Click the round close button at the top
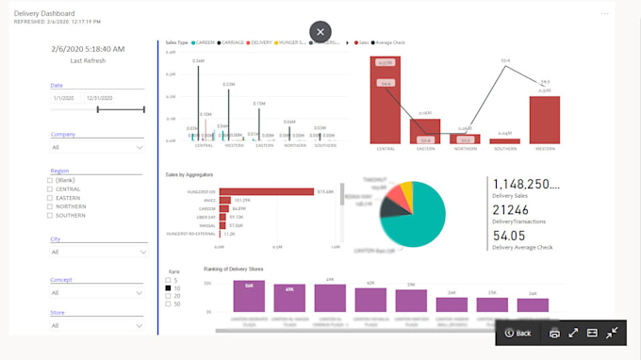click(320, 31)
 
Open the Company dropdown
click(98, 147)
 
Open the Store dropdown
click(98, 325)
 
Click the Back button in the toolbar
click(518, 333)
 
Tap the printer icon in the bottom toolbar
click(554, 333)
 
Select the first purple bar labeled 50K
click(249, 297)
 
